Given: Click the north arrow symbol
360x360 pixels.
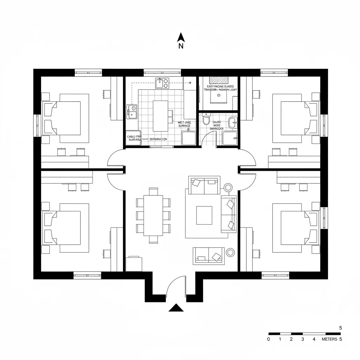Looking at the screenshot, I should pyautogui.click(x=181, y=37).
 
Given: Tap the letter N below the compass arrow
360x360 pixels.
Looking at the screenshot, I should pyautogui.click(x=181, y=46).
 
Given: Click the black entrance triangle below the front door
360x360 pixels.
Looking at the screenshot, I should pyautogui.click(x=176, y=308).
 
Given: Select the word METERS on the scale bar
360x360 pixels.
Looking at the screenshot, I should pyautogui.click(x=329, y=339).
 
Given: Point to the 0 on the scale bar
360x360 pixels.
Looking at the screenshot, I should pyautogui.click(x=269, y=339).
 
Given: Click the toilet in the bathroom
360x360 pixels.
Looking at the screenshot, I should pyautogui.click(x=206, y=120).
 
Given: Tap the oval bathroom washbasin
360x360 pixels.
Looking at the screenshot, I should pyautogui.click(x=232, y=123).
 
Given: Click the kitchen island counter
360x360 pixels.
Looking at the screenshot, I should pyautogui.click(x=160, y=116).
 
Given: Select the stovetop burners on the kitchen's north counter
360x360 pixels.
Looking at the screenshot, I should pyautogui.click(x=162, y=83).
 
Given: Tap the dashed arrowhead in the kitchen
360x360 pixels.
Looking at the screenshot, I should pyautogui.click(x=189, y=83).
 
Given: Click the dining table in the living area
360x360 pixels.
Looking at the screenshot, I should pyautogui.click(x=153, y=215).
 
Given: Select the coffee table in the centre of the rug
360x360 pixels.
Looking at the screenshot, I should pyautogui.click(x=204, y=215).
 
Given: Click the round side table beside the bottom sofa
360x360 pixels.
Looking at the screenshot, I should pyautogui.click(x=231, y=252).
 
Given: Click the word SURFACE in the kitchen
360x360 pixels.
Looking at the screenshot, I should pyautogui.click(x=184, y=126).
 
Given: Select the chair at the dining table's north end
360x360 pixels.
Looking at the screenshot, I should pyautogui.click(x=153, y=192).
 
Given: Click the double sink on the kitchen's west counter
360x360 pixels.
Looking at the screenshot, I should pyautogui.click(x=132, y=111).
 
